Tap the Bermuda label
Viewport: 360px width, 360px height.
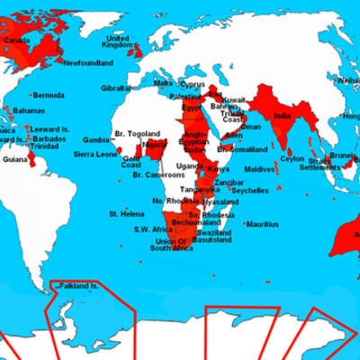pos(52,94)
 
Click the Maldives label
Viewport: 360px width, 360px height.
pos(259,170)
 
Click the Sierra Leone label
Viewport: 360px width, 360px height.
pos(94,155)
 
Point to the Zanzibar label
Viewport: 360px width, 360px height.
pos(229,182)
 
